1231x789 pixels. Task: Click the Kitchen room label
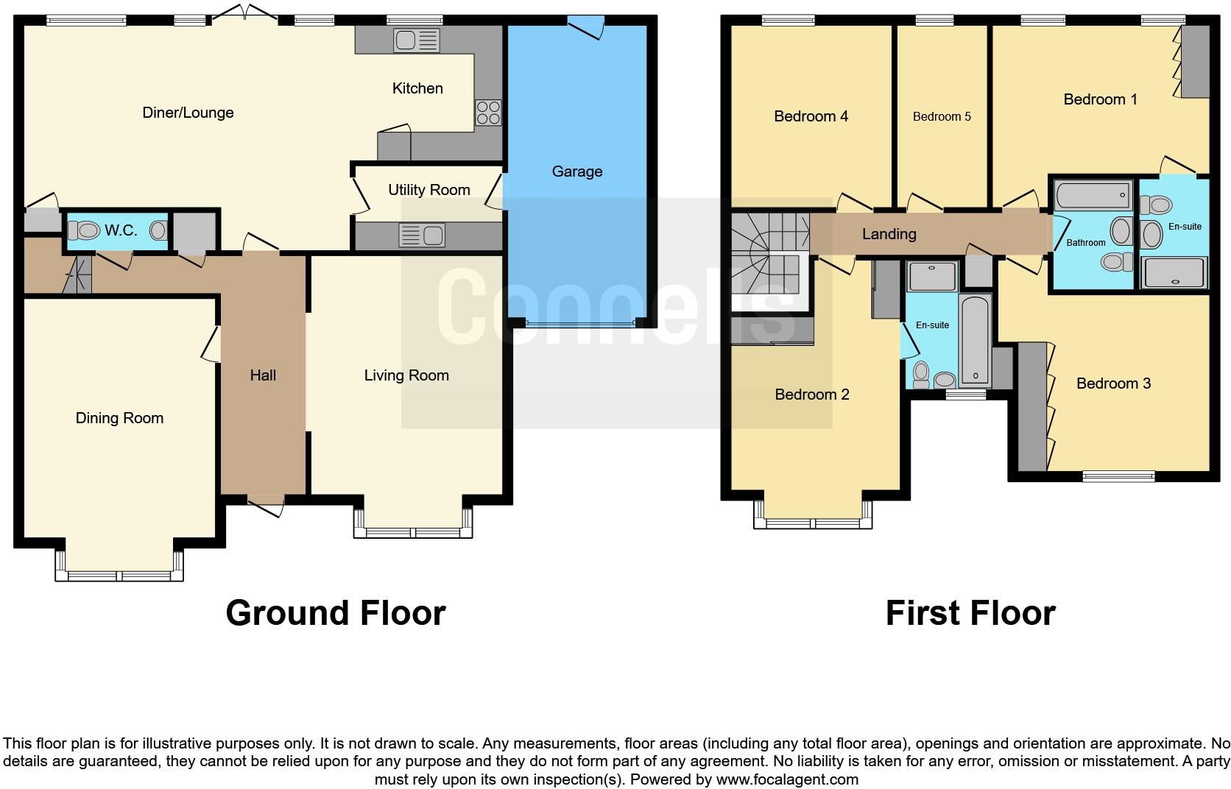(417, 88)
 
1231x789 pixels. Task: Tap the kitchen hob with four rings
(487, 113)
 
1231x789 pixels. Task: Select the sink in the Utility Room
(422, 236)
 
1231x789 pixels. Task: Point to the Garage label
(576, 171)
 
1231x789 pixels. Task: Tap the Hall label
(263, 375)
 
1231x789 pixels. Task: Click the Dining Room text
(119, 418)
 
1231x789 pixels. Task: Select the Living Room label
(406, 375)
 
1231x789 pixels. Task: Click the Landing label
(889, 234)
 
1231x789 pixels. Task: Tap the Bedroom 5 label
(942, 116)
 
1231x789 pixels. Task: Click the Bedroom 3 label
(1112, 383)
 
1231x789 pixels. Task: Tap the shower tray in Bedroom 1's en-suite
(1174, 272)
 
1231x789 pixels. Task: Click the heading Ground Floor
(335, 612)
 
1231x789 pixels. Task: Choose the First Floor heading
(970, 612)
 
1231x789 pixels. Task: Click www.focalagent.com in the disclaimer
(787, 779)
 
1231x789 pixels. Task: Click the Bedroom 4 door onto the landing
(855, 203)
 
